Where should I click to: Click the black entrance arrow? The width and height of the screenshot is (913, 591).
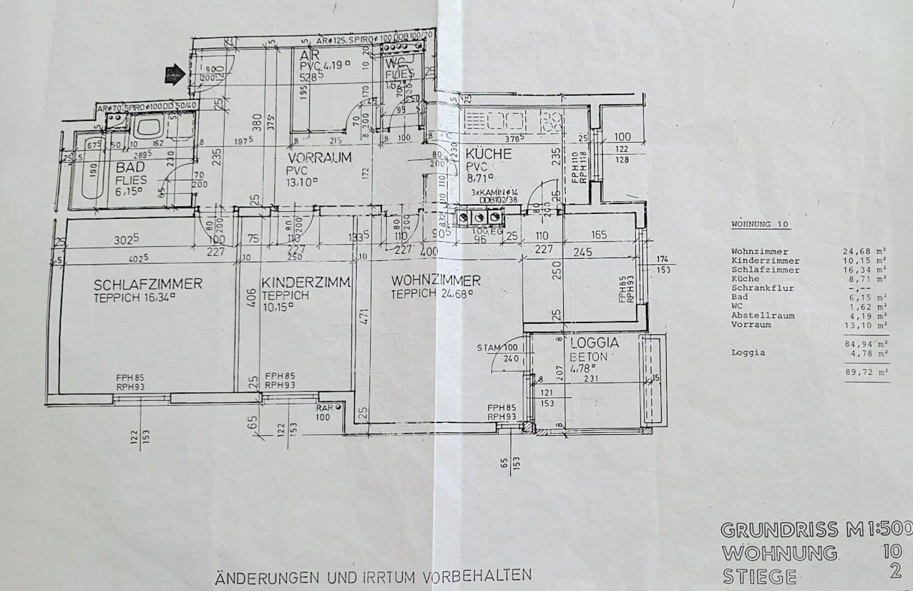click(x=174, y=74)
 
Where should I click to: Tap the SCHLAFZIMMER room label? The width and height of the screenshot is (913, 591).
click(x=148, y=285)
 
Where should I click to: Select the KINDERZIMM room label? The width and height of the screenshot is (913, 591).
click(x=306, y=283)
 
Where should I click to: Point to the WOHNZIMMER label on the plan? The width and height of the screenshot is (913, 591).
click(x=436, y=281)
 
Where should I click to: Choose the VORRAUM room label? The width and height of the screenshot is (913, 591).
click(x=320, y=158)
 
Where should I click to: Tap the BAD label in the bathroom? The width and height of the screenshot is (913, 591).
click(x=130, y=167)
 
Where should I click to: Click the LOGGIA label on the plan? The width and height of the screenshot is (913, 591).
click(x=594, y=344)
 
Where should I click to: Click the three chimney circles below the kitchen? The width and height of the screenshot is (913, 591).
click(x=479, y=218)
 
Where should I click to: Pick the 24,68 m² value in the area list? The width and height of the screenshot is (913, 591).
click(x=865, y=252)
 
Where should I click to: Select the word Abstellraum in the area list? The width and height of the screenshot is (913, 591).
click(x=755, y=316)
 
